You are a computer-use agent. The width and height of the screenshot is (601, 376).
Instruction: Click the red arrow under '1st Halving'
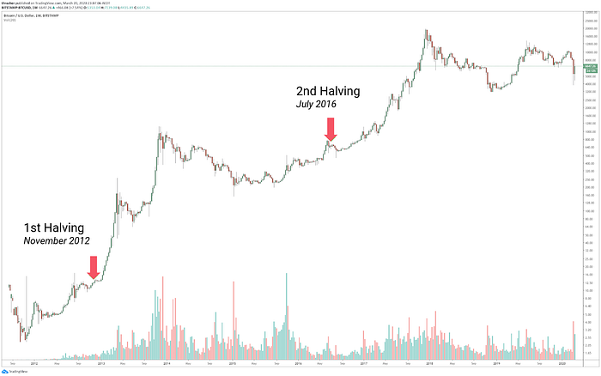click(x=94, y=266)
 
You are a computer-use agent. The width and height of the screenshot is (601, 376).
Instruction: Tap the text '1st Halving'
click(x=53, y=227)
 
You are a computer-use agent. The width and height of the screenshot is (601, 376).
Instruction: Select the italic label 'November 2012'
click(x=57, y=242)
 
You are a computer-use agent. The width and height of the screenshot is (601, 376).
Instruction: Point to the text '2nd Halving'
click(x=329, y=91)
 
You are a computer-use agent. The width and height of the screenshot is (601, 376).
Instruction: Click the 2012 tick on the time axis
click(x=33, y=362)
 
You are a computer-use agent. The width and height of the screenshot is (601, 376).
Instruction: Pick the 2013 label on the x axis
click(x=100, y=362)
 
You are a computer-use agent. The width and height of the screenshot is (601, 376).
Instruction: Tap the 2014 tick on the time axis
click(x=167, y=362)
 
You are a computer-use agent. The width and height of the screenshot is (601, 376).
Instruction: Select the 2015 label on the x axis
click(x=233, y=362)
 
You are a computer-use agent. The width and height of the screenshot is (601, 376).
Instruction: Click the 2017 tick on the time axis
click(x=365, y=362)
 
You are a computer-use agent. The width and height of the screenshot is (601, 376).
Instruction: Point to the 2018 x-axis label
click(x=431, y=362)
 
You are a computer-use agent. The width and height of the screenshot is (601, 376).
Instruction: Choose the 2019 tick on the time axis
click(x=497, y=362)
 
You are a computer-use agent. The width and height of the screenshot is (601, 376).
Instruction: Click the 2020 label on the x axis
click(x=563, y=362)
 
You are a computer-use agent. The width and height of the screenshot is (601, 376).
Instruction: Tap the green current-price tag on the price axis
click(x=589, y=66)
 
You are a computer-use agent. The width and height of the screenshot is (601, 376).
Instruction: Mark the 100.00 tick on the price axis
click(x=589, y=206)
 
